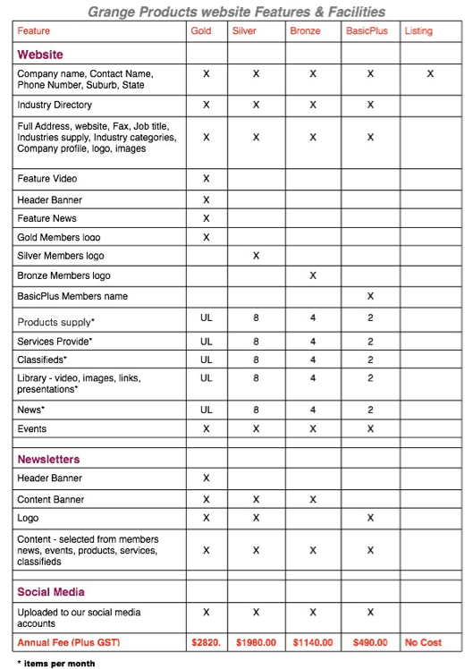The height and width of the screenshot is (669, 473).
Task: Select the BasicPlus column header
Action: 366,31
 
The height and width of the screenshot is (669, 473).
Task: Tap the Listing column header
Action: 418,31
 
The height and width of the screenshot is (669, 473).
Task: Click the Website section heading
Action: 40,55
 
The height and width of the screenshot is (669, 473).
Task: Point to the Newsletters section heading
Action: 48,459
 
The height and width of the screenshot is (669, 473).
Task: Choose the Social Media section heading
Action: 51,592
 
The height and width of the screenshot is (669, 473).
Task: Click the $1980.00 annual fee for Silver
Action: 256,643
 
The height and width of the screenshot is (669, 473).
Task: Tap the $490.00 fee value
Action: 370,643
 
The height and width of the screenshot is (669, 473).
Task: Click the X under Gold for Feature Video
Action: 206,179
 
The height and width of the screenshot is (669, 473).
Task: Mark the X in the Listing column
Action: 431,74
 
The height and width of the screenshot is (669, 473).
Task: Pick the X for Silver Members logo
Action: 256,256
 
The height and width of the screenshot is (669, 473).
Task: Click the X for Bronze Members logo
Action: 313,275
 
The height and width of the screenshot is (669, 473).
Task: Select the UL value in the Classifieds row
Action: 206,360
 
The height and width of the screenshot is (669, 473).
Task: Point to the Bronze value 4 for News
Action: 313,409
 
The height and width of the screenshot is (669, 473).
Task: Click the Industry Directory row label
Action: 55,106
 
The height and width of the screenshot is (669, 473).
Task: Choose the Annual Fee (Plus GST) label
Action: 68,643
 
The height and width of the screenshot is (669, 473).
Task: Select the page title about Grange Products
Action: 236,12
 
